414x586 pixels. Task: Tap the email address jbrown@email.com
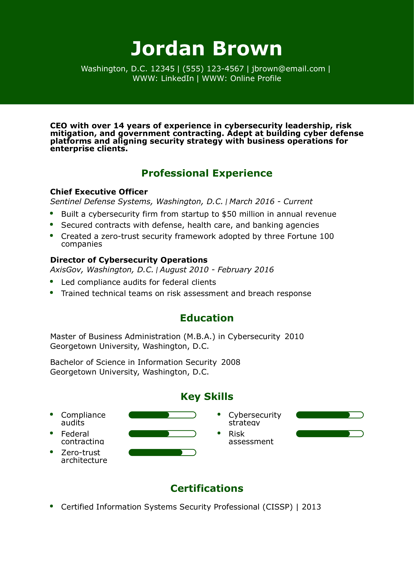coord(288,69)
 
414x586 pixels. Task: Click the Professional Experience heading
coord(207,173)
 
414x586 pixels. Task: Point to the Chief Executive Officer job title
coord(99,192)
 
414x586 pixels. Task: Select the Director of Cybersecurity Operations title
coord(129,260)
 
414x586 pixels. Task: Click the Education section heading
coord(207,318)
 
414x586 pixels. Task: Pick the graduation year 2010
coord(294,337)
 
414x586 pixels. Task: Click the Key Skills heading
coord(207,397)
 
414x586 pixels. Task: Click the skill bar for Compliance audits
coord(162,415)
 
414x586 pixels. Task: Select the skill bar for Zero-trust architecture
coord(162,453)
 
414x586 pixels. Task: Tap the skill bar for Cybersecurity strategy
coord(329,415)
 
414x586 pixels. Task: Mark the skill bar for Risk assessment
coord(329,434)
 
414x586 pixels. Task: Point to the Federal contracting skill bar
coord(162,434)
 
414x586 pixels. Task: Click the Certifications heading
coord(207,488)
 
